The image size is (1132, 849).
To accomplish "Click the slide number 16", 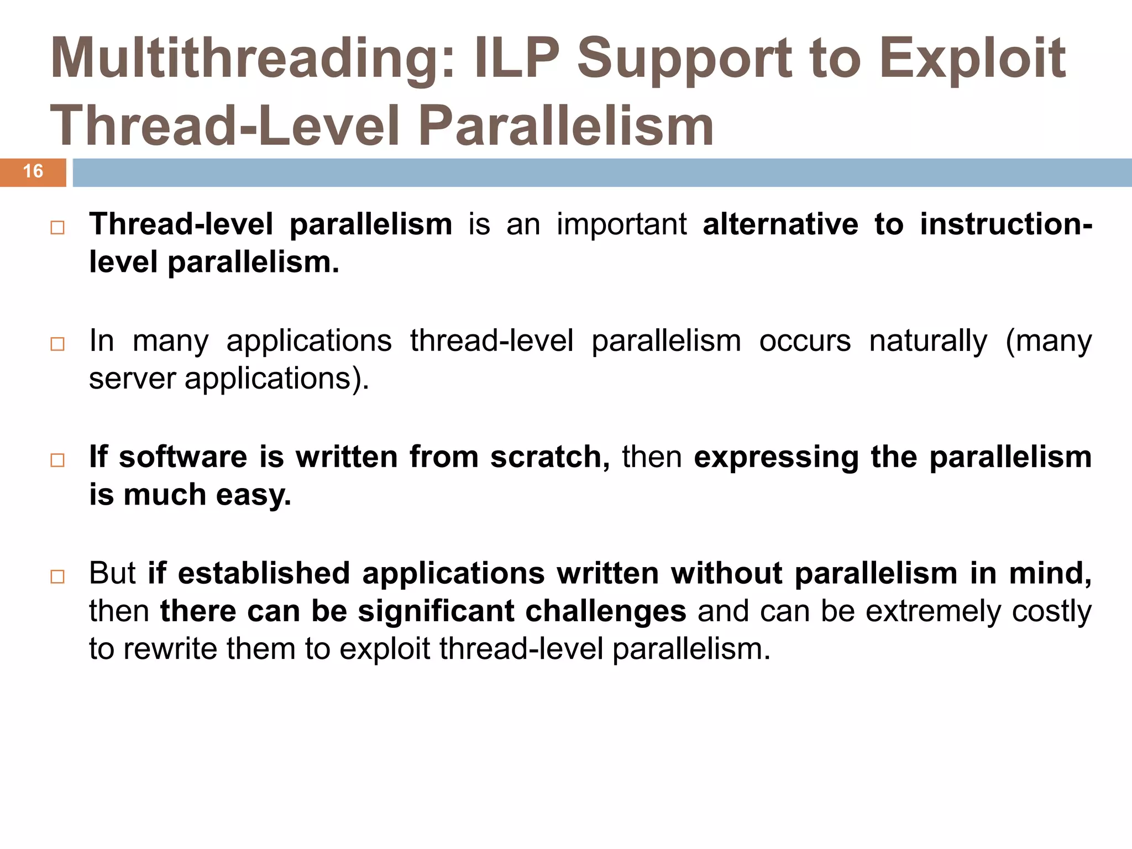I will click(x=33, y=171).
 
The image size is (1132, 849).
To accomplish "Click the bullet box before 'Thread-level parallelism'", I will click(x=57, y=228).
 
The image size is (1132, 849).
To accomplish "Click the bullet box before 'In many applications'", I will click(x=57, y=344).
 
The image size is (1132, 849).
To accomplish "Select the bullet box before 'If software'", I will click(x=57, y=460).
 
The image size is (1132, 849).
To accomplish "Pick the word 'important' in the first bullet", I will click(x=621, y=224).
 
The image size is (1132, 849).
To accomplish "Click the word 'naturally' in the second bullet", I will click(x=928, y=341).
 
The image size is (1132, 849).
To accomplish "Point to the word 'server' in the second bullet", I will click(x=132, y=379).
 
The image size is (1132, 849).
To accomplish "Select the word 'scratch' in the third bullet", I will click(x=546, y=457).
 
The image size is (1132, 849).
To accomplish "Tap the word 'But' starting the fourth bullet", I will click(x=112, y=573).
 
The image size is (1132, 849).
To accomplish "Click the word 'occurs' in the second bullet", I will click(x=805, y=341).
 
